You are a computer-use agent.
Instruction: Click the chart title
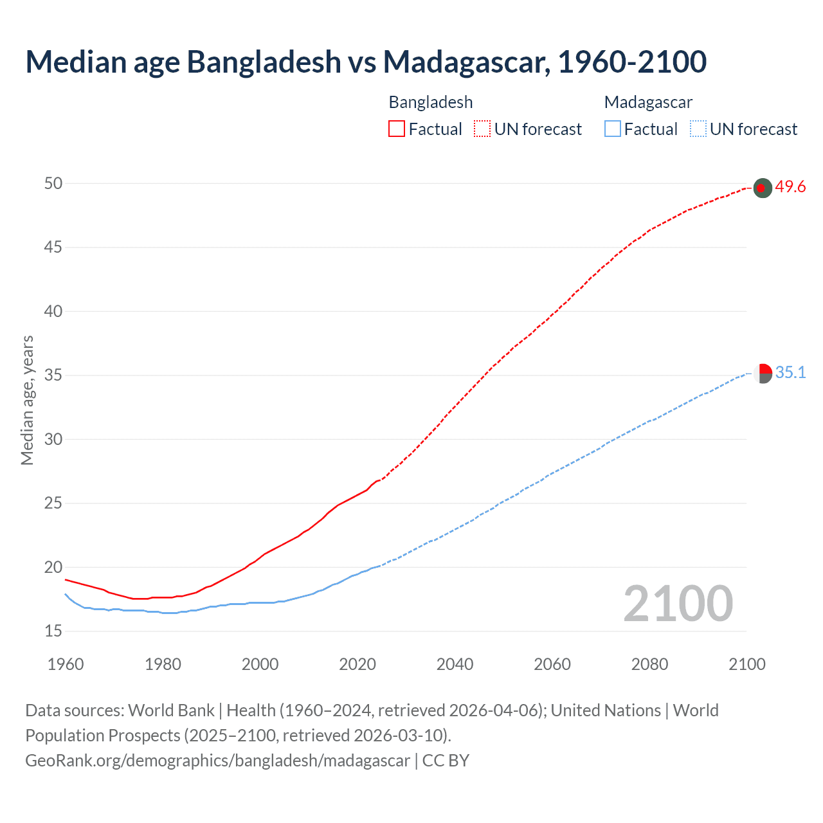[x=366, y=62]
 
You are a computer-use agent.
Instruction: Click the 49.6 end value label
[x=790, y=187]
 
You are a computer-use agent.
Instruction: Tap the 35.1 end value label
[x=790, y=373]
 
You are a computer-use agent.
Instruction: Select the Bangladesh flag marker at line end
[x=762, y=188]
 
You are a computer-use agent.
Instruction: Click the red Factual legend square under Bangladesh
[x=397, y=129]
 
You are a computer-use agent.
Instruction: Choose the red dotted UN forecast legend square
[x=482, y=129]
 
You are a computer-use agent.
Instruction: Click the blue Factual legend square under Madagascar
[x=612, y=129]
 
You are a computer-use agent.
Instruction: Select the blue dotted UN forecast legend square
[x=698, y=129]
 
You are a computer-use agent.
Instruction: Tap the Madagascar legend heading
[x=648, y=102]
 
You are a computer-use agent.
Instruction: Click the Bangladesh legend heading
[x=431, y=102]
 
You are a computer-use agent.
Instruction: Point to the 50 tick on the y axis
[x=53, y=184]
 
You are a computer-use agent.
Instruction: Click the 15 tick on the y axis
[x=53, y=631]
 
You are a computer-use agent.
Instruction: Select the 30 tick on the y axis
[x=53, y=440]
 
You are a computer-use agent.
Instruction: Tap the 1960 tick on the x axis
[x=66, y=664]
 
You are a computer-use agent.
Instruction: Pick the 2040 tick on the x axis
[x=455, y=664]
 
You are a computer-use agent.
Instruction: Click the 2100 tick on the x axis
[x=746, y=664]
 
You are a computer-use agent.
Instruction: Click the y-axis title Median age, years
[x=27, y=400]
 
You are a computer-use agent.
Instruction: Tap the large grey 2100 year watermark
[x=678, y=604]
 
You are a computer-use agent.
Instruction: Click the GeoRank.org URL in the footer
[x=217, y=761]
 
